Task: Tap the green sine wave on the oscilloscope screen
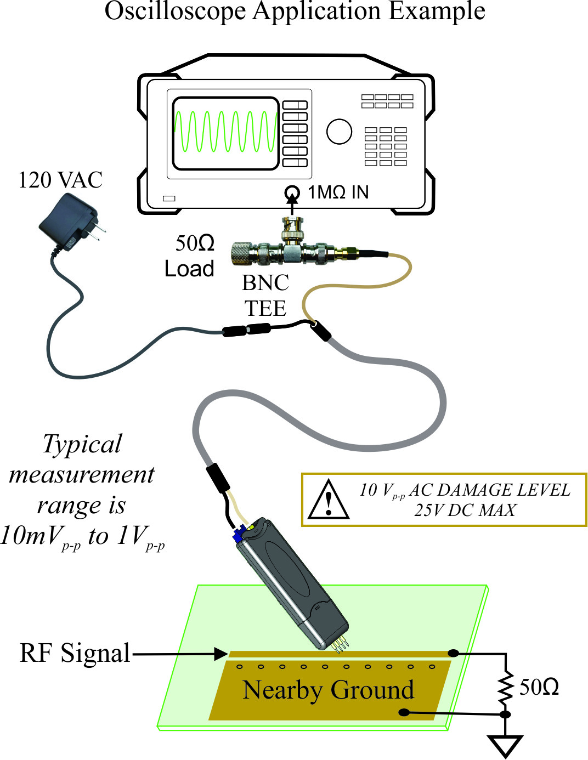pyautogui.click(x=225, y=132)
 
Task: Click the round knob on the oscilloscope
pyautogui.click(x=339, y=132)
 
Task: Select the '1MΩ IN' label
pyautogui.click(x=338, y=192)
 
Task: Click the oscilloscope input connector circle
pyautogui.click(x=292, y=192)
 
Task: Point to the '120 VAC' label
pyautogui.click(x=60, y=180)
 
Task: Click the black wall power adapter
pyautogui.click(x=69, y=225)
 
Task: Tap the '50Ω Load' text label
pyautogui.click(x=191, y=256)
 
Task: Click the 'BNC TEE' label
pyautogui.click(x=265, y=296)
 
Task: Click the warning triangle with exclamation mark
pyautogui.click(x=328, y=500)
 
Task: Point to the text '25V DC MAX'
pyautogui.click(x=465, y=511)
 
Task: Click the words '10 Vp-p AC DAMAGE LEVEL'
pyautogui.click(x=465, y=490)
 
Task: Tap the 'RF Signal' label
pyautogui.click(x=75, y=653)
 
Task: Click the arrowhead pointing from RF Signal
pyautogui.click(x=221, y=654)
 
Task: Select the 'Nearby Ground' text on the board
pyautogui.click(x=328, y=690)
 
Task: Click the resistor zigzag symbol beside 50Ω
pyautogui.click(x=505, y=687)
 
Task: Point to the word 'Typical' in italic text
pyautogui.click(x=82, y=444)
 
